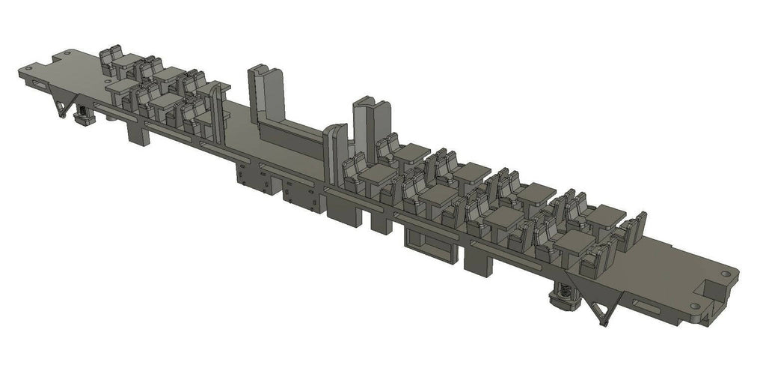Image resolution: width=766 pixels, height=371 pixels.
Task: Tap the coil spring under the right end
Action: (563, 297)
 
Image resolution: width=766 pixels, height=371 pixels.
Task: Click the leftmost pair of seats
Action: (112, 60)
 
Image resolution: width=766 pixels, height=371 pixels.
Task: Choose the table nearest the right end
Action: (604, 217)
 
